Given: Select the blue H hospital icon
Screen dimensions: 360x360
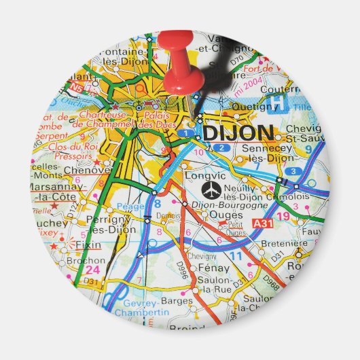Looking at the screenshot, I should point(276,103).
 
